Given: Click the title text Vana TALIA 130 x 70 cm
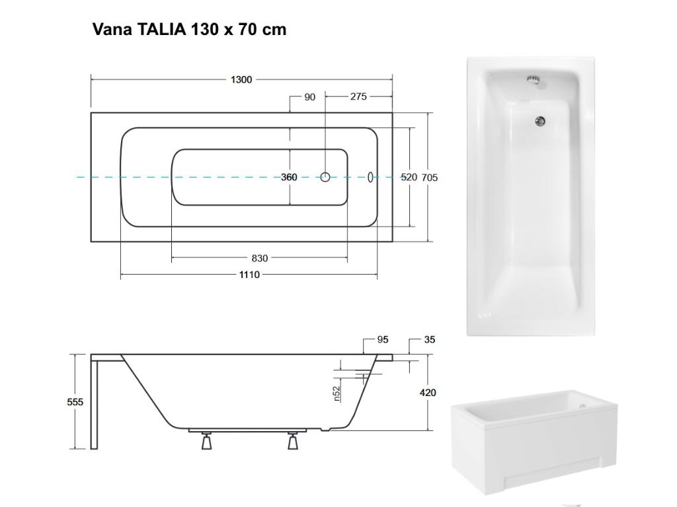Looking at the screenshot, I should [189, 30].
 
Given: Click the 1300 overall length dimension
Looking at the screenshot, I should [241, 80].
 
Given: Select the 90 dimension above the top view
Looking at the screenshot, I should [309, 97].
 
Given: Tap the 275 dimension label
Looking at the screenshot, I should [358, 97].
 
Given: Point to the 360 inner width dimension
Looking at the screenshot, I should [289, 178].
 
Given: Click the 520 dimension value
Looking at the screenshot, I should [409, 178].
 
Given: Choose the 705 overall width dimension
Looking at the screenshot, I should [430, 178].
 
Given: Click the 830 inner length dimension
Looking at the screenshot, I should [260, 259].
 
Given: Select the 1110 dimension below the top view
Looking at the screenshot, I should [249, 275].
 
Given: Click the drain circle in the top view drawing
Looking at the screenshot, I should [325, 177].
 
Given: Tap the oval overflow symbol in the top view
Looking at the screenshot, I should [370, 177].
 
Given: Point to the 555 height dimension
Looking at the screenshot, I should [75, 402].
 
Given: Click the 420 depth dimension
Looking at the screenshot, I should [428, 393].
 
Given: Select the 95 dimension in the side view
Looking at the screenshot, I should [383, 340].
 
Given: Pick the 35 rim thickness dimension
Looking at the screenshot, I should [430, 340].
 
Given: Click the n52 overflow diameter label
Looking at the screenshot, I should [337, 393].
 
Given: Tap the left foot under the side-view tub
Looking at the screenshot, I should [206, 442].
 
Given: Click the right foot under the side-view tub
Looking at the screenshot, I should [293, 442].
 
